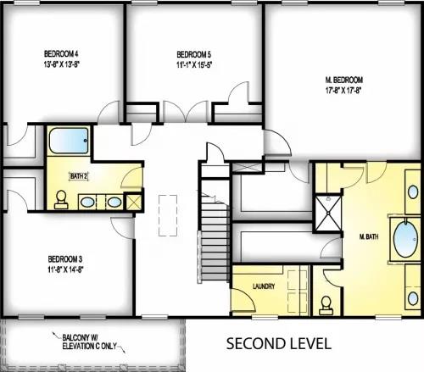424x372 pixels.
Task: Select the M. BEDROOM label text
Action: [343, 80]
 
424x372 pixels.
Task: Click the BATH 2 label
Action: [79, 176]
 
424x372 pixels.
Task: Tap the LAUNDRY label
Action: [264, 287]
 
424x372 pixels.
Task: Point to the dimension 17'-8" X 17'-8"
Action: [343, 92]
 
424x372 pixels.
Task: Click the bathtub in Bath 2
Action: [65, 140]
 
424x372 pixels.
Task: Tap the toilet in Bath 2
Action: [61, 199]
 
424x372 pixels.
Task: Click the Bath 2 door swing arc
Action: [131, 178]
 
